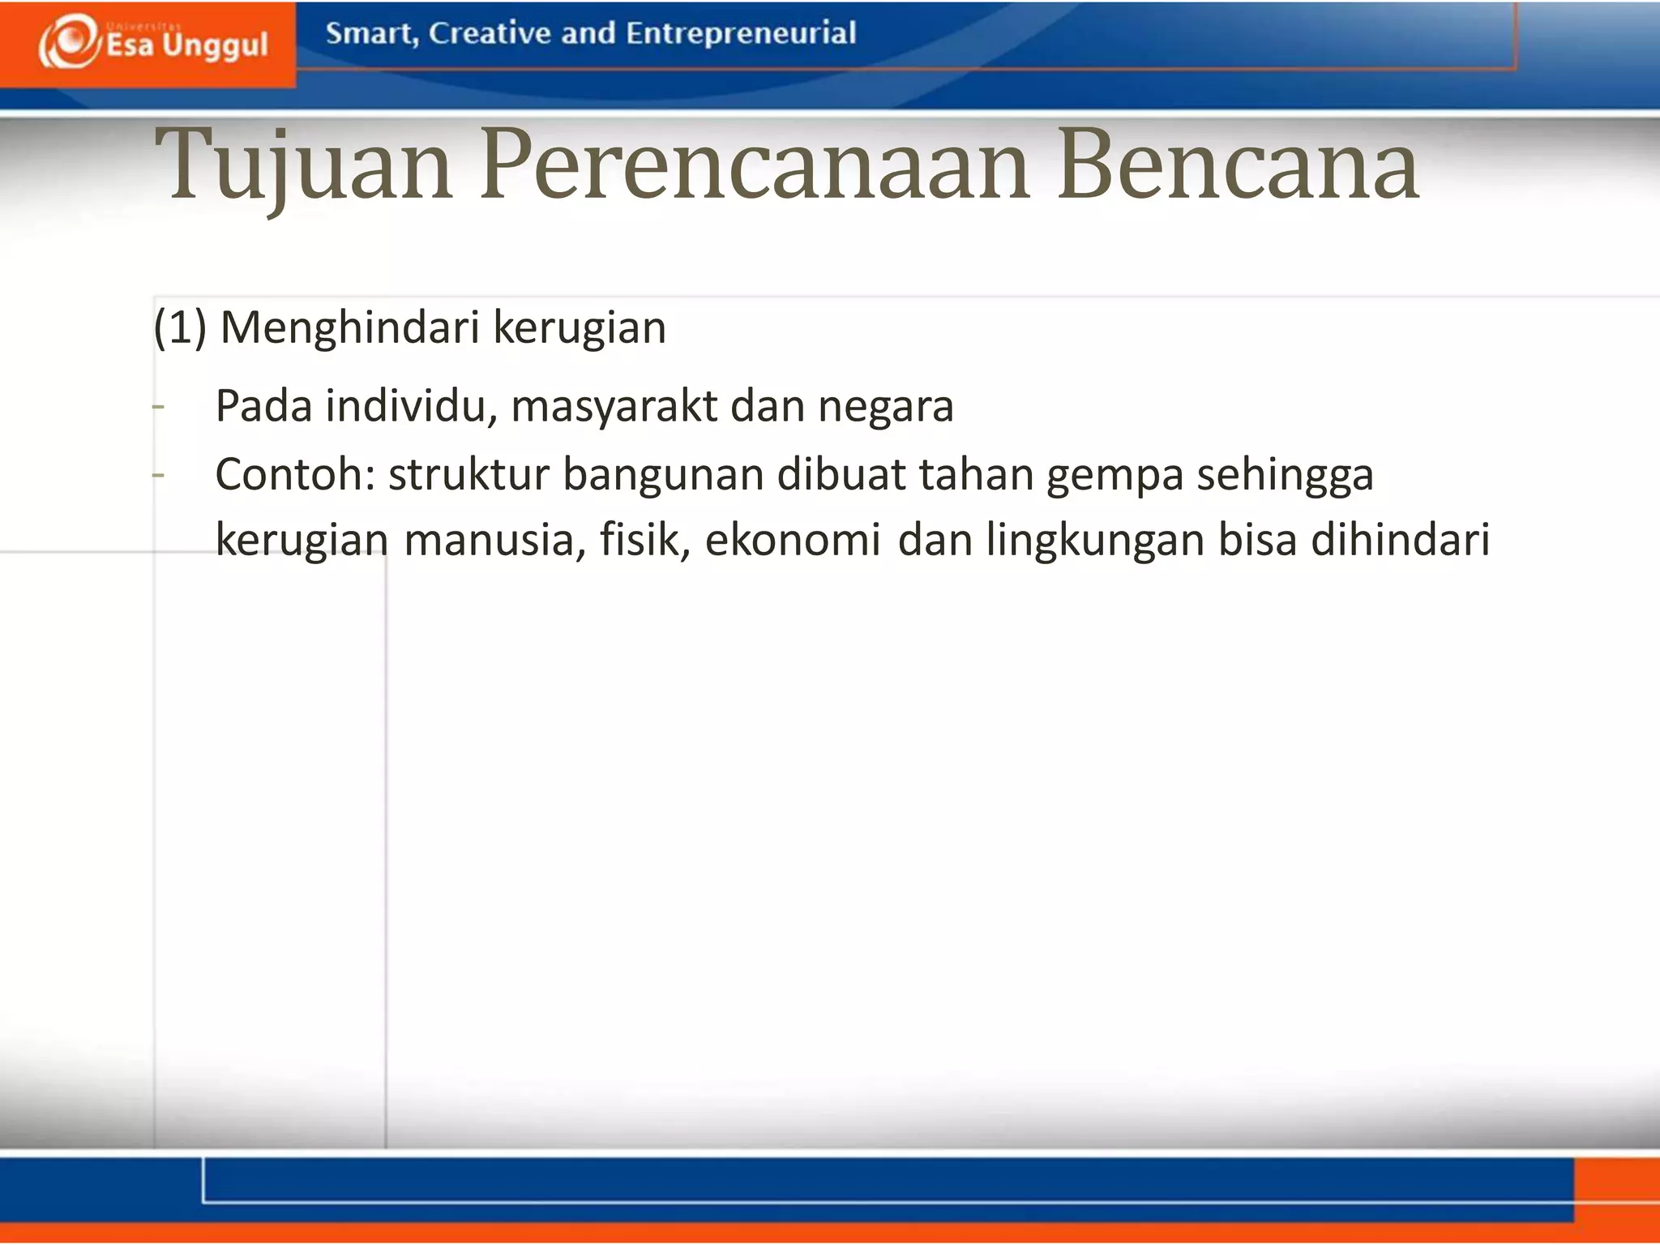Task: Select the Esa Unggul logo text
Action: pos(187,45)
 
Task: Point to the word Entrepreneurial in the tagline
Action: pos(741,33)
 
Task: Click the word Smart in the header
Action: pos(370,33)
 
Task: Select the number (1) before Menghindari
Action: pos(180,328)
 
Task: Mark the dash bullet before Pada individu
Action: pos(159,406)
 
